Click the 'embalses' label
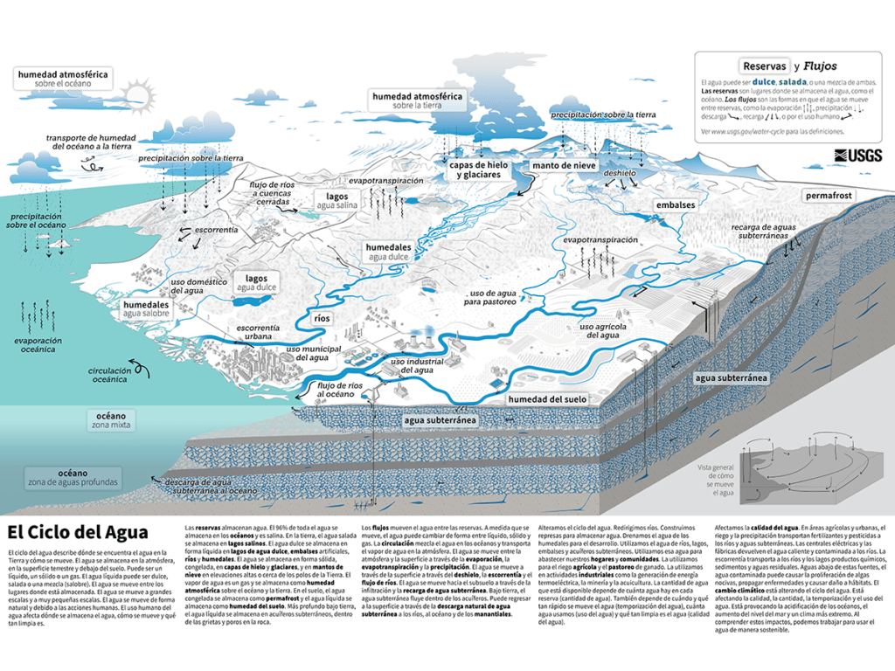pyautogui.click(x=676, y=205)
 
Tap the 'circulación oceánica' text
pyautogui.click(x=110, y=376)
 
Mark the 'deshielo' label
pyautogui.click(x=619, y=173)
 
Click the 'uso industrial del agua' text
pyautogui.click(x=412, y=365)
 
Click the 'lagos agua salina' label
pyautogui.click(x=337, y=202)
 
